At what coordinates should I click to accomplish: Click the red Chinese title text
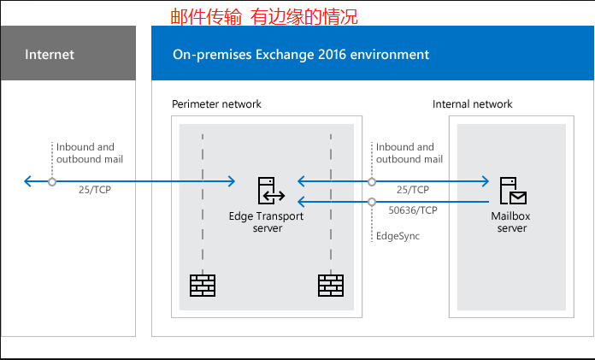[264, 15]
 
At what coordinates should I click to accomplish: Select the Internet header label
[50, 55]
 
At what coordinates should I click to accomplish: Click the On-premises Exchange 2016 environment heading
[301, 55]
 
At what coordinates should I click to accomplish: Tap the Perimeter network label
[216, 104]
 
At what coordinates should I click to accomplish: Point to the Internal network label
[472, 104]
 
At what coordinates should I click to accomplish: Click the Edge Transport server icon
[267, 190]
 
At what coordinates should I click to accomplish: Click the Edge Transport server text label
[267, 222]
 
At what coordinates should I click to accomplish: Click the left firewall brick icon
[203, 285]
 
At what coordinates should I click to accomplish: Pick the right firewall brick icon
[331, 285]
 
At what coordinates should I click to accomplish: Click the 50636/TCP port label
[413, 209]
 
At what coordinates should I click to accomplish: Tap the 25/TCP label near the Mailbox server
[413, 189]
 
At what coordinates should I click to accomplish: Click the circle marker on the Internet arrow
[52, 181]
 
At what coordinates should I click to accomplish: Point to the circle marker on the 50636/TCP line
[372, 202]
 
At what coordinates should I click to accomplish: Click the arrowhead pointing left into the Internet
[29, 181]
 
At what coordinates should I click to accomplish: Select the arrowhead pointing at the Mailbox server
[484, 181]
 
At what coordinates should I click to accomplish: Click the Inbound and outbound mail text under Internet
[85, 153]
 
